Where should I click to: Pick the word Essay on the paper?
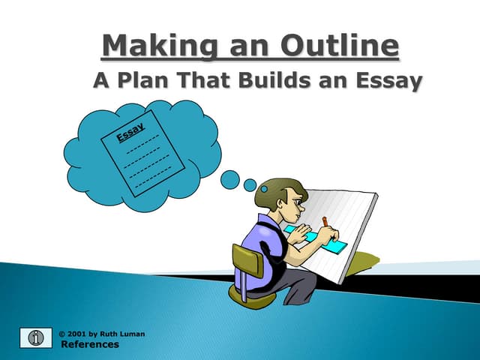click(x=130, y=134)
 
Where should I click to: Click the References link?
click(x=89, y=344)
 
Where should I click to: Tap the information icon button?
click(x=34, y=338)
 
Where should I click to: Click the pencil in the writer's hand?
click(x=325, y=222)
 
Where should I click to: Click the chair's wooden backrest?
click(x=247, y=262)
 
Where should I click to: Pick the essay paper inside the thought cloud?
click(x=142, y=154)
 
